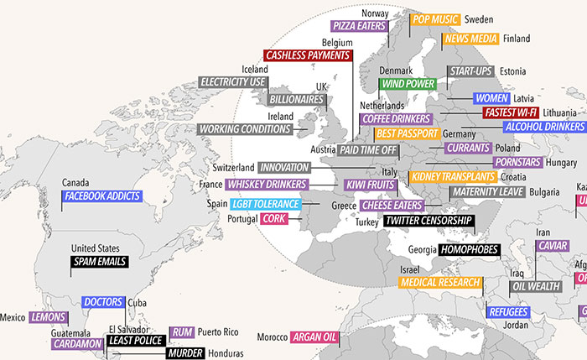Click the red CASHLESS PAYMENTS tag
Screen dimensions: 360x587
tap(306, 55)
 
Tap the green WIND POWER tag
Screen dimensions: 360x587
tap(408, 84)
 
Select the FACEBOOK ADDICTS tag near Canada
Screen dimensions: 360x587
tap(102, 197)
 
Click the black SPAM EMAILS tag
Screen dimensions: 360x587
tap(99, 262)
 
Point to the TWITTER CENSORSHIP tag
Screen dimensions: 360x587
tap(428, 222)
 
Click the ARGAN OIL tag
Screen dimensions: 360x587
tap(314, 337)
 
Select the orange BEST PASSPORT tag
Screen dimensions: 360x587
tap(407, 133)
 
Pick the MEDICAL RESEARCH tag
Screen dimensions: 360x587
tap(441, 283)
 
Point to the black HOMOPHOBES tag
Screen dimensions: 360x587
tap(469, 249)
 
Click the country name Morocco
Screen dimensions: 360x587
tap(272, 337)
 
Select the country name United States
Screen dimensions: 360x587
tap(96, 248)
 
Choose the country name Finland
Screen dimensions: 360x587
tap(517, 39)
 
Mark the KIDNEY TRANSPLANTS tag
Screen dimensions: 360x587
tap(451, 177)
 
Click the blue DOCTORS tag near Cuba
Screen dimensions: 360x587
tap(103, 302)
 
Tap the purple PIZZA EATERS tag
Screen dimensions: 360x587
tap(358, 26)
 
